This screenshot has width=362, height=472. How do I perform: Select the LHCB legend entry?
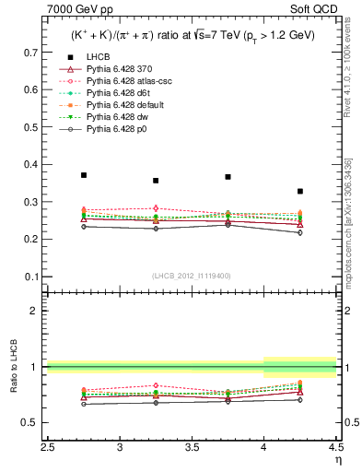(99, 56)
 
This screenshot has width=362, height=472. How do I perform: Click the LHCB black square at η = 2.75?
(83, 175)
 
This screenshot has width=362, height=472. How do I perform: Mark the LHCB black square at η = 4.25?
(300, 191)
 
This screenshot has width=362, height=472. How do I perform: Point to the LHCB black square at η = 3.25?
(156, 181)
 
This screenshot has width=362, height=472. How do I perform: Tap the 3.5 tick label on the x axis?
(192, 448)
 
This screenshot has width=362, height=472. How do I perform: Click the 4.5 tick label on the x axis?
(335, 448)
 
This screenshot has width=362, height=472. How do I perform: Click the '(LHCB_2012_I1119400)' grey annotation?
(192, 276)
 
